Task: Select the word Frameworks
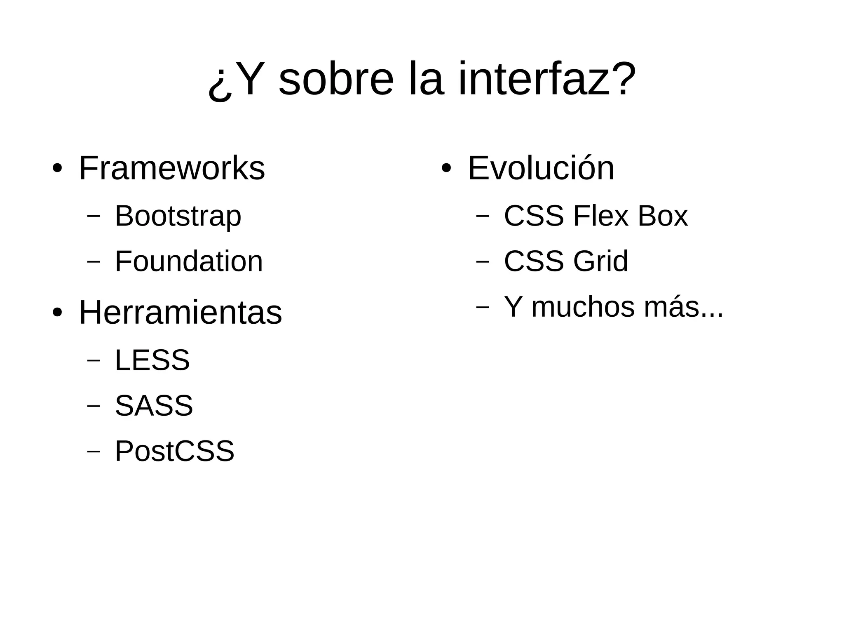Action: tap(171, 168)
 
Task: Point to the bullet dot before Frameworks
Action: tap(57, 169)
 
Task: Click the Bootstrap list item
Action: tap(178, 216)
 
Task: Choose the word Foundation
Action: tap(188, 261)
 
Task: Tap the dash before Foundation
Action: tap(94, 261)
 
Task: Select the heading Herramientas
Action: tap(180, 313)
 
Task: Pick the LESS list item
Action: tap(152, 360)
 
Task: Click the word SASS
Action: tap(154, 406)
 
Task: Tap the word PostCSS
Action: tap(174, 451)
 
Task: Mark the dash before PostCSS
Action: tap(94, 451)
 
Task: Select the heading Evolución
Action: tap(541, 168)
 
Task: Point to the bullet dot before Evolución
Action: tap(446, 169)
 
